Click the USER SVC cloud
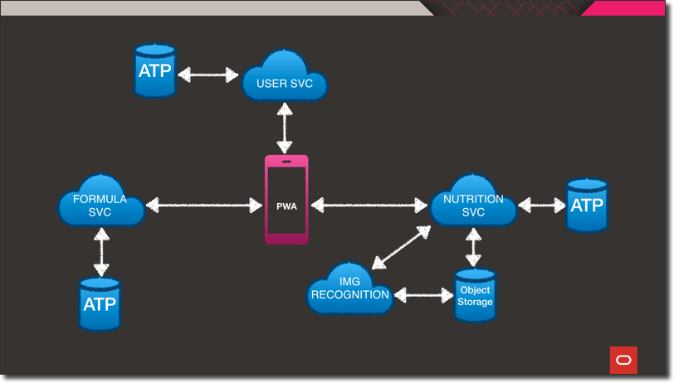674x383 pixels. (x=285, y=79)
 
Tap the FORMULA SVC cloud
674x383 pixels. (x=101, y=203)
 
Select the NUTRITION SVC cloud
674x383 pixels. (x=473, y=203)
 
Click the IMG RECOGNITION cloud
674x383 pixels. (x=349, y=290)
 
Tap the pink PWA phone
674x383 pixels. (x=286, y=200)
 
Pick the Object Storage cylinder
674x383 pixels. (x=475, y=295)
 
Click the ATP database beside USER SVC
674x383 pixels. (x=155, y=71)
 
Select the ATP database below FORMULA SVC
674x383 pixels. (x=100, y=304)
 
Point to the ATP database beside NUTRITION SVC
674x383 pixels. (x=587, y=205)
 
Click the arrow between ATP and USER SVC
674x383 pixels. (x=208, y=75)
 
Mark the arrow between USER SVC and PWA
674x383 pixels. (x=285, y=128)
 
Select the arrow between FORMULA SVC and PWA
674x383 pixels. (x=204, y=205)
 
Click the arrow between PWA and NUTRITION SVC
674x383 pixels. (x=369, y=205)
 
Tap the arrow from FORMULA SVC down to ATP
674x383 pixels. (x=101, y=252)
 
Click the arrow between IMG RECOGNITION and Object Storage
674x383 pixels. (x=423, y=294)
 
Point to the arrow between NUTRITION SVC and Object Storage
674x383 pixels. (x=473, y=247)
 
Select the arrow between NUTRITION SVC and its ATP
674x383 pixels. (x=541, y=205)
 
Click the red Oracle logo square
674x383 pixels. (x=623, y=360)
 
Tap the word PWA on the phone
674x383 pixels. (x=286, y=206)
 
